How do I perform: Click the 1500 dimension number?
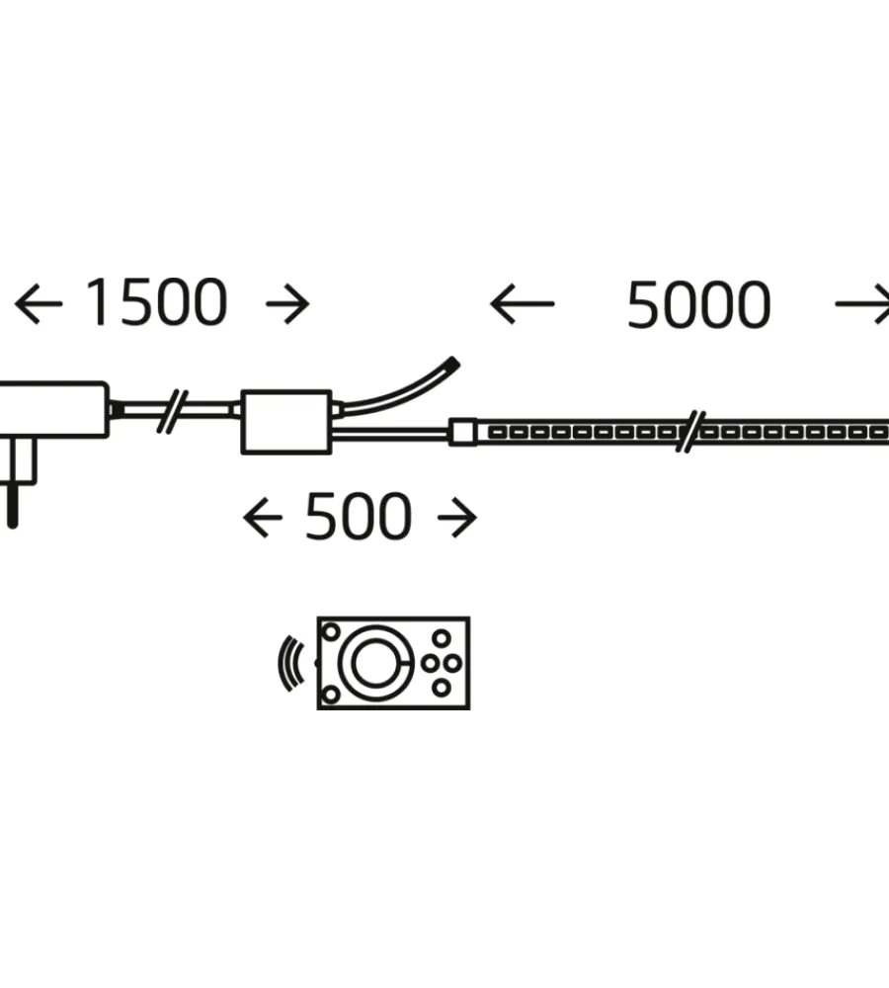coord(156,302)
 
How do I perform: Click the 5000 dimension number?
coord(698,305)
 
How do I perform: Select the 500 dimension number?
coord(359,517)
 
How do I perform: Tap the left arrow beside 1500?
coord(39,303)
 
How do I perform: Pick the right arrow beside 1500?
coord(287,304)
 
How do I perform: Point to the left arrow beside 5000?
coord(523,303)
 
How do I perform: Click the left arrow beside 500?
coord(263,518)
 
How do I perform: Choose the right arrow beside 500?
coord(457,518)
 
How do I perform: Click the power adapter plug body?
coord(53,410)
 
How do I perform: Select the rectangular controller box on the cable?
coord(286,422)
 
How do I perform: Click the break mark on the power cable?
coord(172,411)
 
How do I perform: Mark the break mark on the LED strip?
coord(690,432)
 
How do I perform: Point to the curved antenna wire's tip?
coord(453,364)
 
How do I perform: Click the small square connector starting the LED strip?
coord(462,433)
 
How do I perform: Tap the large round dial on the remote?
coord(376,663)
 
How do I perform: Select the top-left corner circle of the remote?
coord(331,630)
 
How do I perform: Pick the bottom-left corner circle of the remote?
coord(331,695)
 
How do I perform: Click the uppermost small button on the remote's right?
coord(442,639)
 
